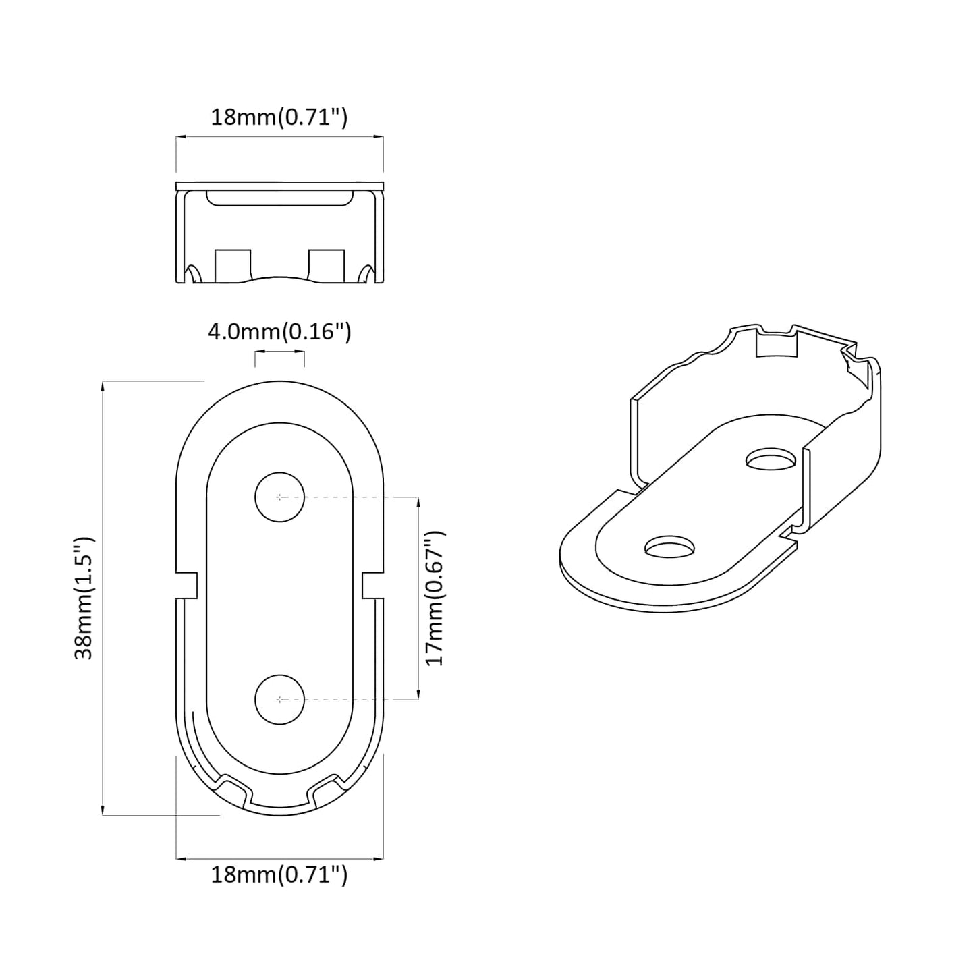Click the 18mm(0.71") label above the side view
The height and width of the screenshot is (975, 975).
tap(279, 117)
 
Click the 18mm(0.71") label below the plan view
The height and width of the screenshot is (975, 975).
tap(279, 875)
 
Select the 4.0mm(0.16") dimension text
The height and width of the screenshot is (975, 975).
tap(279, 332)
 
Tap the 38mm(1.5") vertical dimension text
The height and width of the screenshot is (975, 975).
tap(84, 598)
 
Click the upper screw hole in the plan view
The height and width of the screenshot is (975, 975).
tap(279, 497)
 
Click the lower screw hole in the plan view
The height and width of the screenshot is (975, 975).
tap(279, 700)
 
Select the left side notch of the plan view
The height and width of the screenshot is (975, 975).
tap(187, 584)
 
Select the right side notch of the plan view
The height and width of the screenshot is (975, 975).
tap(372, 584)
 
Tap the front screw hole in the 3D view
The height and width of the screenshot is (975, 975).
tap(670, 547)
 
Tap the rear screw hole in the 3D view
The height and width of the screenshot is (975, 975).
tap(771, 460)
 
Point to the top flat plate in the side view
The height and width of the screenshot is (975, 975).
tap(279, 186)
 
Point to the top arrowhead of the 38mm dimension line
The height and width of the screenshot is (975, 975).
tap(102, 385)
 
